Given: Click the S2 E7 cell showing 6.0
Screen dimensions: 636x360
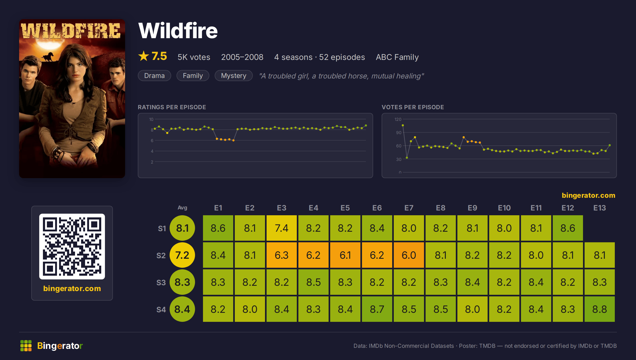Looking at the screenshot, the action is (409, 255).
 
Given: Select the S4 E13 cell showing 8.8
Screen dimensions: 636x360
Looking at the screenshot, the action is (599, 309).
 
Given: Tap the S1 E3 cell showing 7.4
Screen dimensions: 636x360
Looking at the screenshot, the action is (281, 228).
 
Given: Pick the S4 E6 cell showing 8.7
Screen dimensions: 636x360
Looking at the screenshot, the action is (377, 309).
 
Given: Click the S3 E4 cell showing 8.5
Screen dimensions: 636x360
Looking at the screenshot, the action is (313, 282).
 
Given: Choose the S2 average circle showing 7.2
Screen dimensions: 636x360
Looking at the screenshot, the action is (182, 255).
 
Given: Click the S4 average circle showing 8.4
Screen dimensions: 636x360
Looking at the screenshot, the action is (182, 309).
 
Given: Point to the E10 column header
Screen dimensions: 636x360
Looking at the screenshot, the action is (504, 208).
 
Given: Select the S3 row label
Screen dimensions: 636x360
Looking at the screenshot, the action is (161, 283).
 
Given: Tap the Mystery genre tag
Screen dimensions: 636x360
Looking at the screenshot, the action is (233, 76).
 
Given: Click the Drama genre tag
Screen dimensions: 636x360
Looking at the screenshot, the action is (154, 76).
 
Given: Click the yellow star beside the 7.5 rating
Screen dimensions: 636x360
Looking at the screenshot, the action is (144, 56).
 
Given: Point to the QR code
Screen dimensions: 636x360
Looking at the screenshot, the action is (72, 247).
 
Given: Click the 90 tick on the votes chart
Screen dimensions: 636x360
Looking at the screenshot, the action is (399, 133).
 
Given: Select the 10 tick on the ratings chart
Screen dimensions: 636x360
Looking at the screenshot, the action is (151, 119).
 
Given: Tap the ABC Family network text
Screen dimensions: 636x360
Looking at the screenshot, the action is (397, 57).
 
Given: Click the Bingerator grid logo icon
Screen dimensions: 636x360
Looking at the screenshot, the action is (26, 346).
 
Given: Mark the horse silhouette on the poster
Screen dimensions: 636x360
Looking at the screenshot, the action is (48, 56).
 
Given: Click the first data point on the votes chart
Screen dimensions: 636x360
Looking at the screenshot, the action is (403, 125).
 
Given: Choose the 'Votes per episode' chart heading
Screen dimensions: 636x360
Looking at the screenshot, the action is (413, 107).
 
